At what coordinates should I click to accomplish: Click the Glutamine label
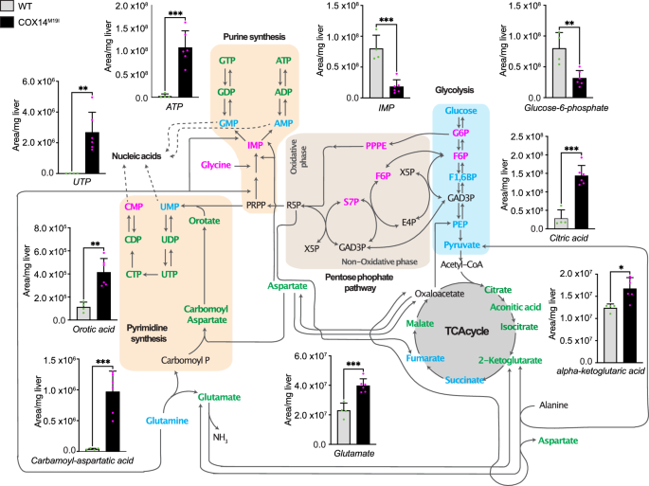tap(167, 420)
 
